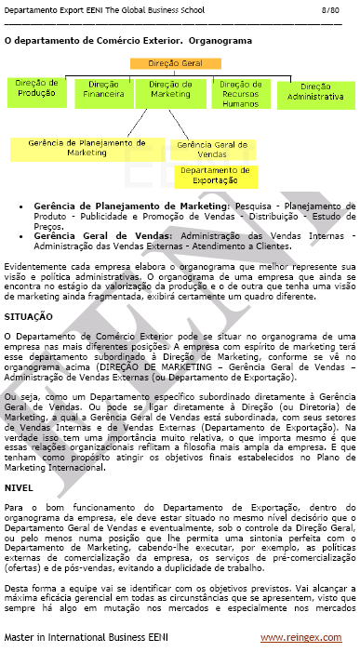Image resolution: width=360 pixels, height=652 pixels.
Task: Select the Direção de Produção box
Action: click(x=37, y=90)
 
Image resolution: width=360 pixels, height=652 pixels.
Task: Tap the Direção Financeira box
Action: click(x=103, y=89)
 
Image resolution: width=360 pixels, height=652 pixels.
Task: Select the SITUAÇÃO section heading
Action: click(x=28, y=316)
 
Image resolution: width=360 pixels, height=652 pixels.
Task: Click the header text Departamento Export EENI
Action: click(x=56, y=8)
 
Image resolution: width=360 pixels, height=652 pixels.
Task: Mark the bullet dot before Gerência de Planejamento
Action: click(x=21, y=203)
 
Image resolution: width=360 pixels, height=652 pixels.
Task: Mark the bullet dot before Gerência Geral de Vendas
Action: click(x=21, y=236)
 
